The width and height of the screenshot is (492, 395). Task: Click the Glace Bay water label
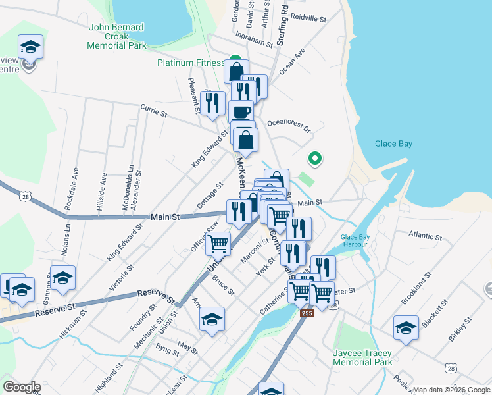[394, 144]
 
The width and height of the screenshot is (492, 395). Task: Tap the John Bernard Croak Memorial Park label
[117, 37]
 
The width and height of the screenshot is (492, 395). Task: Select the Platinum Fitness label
[191, 63]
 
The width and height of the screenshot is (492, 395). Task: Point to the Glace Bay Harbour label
[358, 242]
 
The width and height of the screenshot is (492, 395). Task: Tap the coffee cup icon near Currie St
[241, 111]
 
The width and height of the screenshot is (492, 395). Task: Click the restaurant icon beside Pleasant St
[211, 103]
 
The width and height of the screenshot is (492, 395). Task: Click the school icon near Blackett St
[406, 327]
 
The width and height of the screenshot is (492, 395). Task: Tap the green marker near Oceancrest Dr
[314, 158]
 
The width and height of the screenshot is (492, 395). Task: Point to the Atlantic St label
[425, 235]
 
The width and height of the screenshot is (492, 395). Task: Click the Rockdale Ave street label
[72, 188]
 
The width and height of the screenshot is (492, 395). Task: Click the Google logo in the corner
[21, 387]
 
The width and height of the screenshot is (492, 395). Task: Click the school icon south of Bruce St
[212, 319]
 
